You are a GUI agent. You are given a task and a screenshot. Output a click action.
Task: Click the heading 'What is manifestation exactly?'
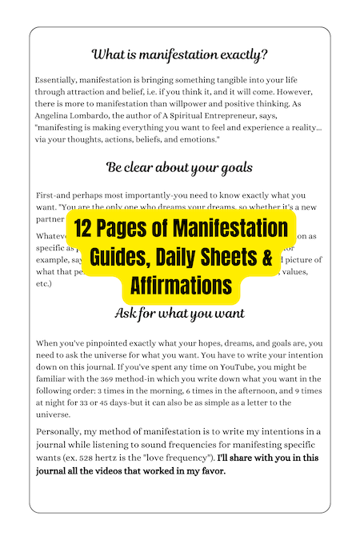click(179, 55)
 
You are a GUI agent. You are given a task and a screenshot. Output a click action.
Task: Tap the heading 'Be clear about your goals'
click(179, 167)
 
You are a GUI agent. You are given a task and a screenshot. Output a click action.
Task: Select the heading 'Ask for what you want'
click(179, 312)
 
